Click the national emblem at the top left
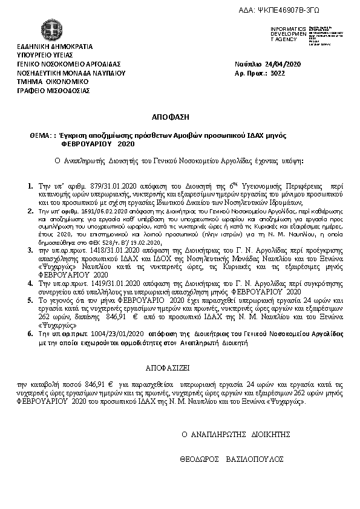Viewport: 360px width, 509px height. (x=47, y=30)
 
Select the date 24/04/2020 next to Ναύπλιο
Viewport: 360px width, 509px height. (x=281, y=64)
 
